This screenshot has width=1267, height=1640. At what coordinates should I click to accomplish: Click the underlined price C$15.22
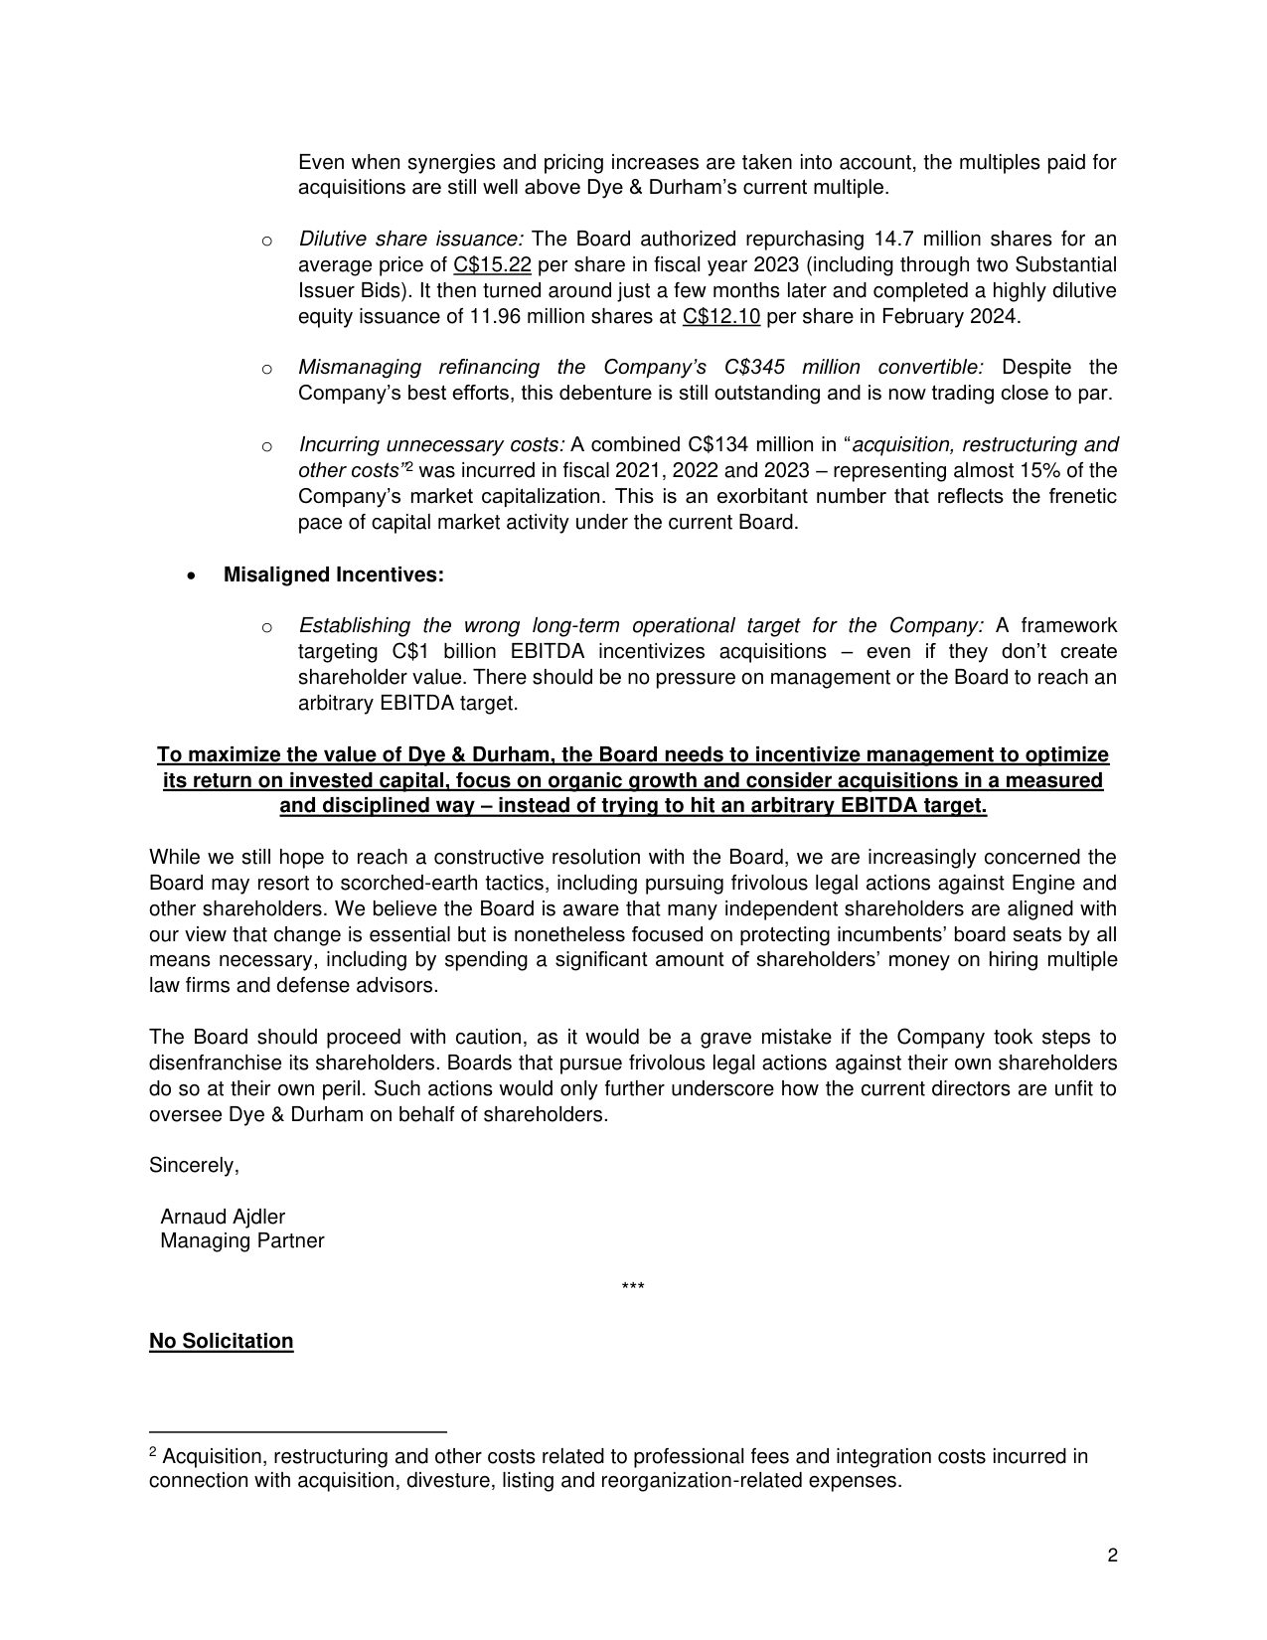pyautogui.click(x=492, y=265)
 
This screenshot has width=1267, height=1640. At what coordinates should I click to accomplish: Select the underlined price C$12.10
pyautogui.click(x=721, y=317)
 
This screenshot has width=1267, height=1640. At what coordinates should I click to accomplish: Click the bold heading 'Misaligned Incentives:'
pyautogui.click(x=333, y=575)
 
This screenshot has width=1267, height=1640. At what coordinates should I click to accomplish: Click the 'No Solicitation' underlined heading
pyautogui.click(x=221, y=1342)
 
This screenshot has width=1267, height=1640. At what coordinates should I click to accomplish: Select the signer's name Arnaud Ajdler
pyautogui.click(x=223, y=1217)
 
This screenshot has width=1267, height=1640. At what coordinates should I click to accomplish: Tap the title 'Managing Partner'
pyautogui.click(x=241, y=1241)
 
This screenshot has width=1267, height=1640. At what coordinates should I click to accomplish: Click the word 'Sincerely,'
pyautogui.click(x=194, y=1165)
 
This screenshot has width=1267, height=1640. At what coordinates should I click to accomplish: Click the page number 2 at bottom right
pyautogui.click(x=1112, y=1556)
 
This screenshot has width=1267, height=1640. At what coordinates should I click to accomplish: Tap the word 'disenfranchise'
pyautogui.click(x=211, y=1064)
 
